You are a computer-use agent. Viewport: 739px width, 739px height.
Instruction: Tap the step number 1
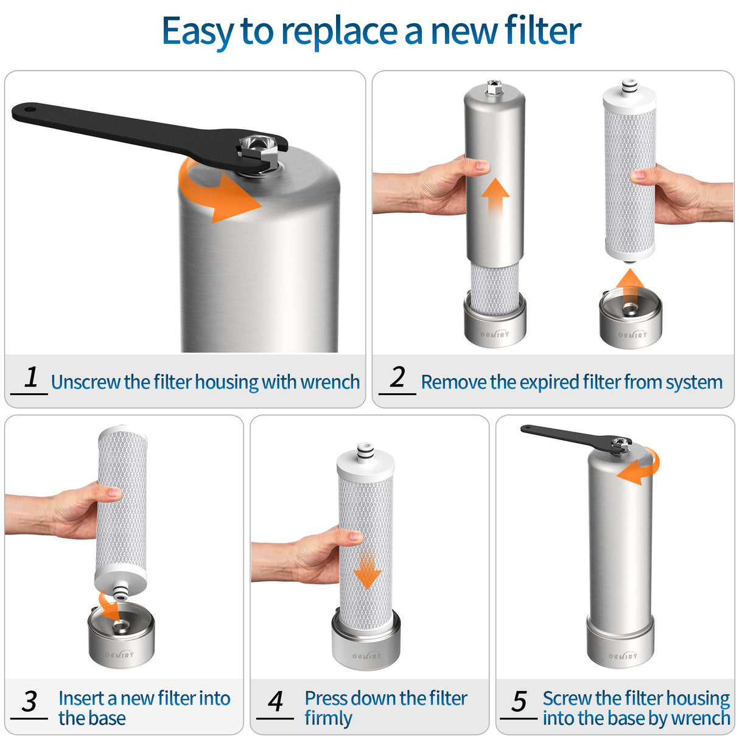coord(32,377)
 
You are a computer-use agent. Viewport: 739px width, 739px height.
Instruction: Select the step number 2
coord(398,377)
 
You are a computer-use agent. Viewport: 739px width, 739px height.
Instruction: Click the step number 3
coord(29,701)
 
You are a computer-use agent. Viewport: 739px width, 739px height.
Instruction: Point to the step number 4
coord(276,701)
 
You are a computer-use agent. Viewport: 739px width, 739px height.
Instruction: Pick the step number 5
coord(519,701)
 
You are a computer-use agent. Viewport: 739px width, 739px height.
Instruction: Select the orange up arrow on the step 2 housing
coord(496,195)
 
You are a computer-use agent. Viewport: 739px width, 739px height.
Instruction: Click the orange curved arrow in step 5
coord(642,467)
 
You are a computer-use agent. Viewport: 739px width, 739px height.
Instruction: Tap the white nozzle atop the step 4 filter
coord(365,451)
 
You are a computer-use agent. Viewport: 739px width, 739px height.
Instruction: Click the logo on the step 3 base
coord(119,655)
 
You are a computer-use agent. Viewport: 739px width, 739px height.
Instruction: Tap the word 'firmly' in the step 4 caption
coord(328,718)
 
